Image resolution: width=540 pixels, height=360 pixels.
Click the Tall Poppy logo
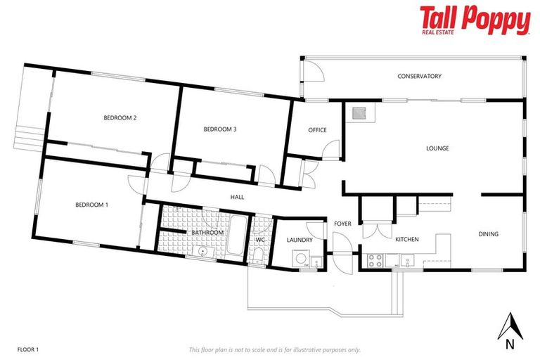tap(475, 20)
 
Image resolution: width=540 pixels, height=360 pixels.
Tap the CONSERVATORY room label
tap(419, 76)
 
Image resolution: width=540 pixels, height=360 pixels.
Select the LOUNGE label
tap(437, 148)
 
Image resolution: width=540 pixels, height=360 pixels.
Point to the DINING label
tap(489, 234)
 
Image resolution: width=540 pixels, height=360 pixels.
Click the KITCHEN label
tap(406, 239)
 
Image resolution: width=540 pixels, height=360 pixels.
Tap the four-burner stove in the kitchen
tap(375, 260)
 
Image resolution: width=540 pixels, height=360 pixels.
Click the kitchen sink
tap(407, 261)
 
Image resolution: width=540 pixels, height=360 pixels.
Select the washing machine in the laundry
tap(302, 259)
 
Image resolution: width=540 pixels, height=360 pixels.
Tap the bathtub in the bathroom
tap(236, 236)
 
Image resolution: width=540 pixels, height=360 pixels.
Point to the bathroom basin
tap(202, 251)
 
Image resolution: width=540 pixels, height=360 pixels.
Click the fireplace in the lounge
tap(359, 113)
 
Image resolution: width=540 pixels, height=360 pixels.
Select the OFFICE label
tap(317, 130)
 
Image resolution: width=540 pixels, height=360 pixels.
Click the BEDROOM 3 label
tap(219, 129)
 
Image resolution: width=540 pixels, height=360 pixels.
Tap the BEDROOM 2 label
tap(120, 118)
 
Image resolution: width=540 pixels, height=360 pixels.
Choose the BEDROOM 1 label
tap(91, 205)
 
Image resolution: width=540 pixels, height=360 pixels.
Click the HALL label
tap(237, 197)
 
